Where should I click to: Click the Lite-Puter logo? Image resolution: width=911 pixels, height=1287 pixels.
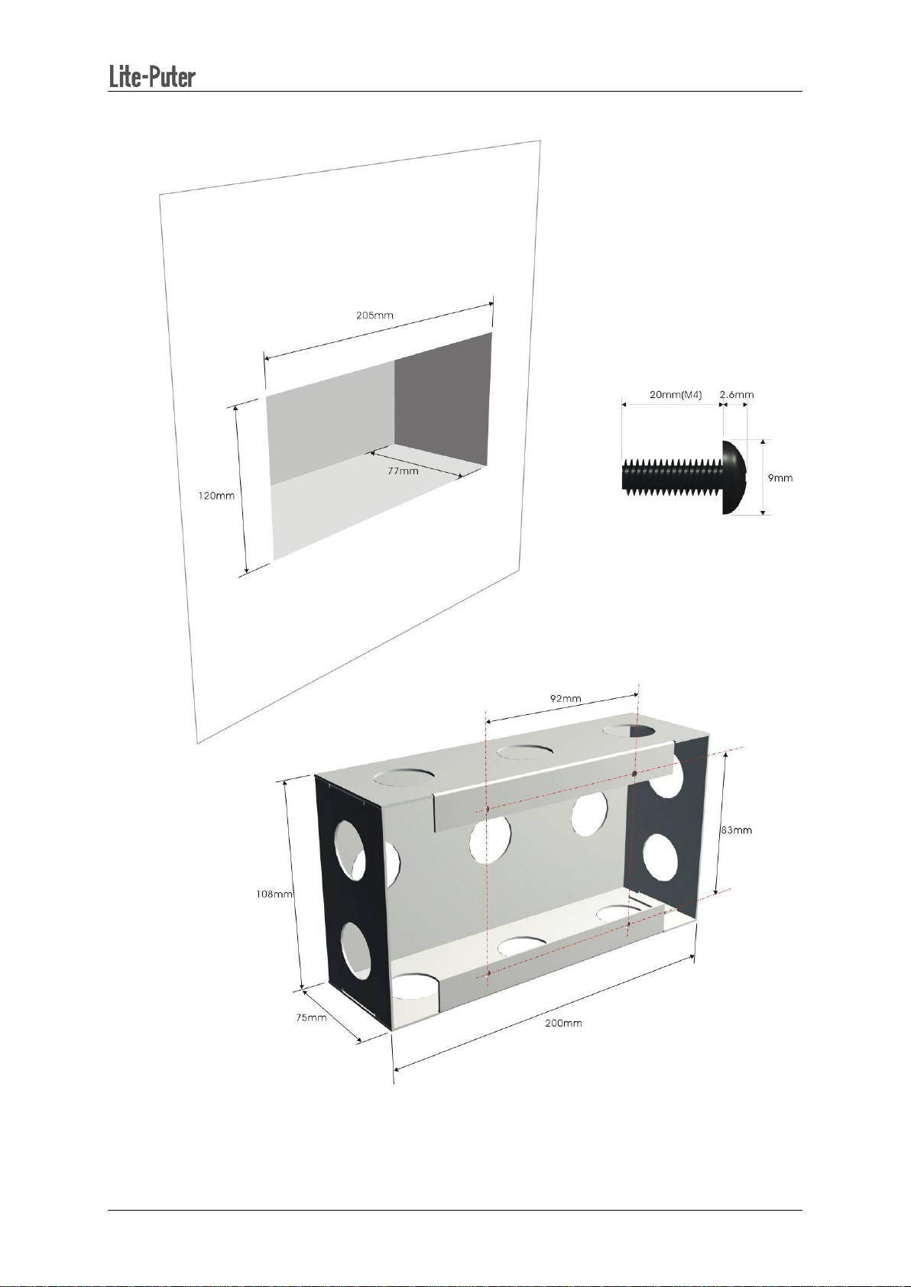pyautogui.click(x=152, y=76)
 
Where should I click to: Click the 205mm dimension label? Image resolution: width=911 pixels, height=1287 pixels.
pyautogui.click(x=374, y=315)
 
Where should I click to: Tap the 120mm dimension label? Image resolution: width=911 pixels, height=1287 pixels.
pyautogui.click(x=216, y=495)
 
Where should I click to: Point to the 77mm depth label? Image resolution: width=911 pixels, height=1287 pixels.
pyautogui.click(x=402, y=470)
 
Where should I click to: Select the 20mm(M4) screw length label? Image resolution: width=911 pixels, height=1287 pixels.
pyautogui.click(x=676, y=395)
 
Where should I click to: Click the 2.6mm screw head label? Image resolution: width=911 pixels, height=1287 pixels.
pyautogui.click(x=736, y=395)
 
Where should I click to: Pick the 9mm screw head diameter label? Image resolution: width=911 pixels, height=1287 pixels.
pyautogui.click(x=780, y=477)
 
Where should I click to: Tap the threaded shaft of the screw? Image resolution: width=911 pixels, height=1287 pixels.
pyautogui.click(x=672, y=477)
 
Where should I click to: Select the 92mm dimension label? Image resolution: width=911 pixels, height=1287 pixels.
pyautogui.click(x=566, y=699)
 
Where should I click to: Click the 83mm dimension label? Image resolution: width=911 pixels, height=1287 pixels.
pyautogui.click(x=736, y=829)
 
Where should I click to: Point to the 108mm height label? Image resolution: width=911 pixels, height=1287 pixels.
pyautogui.click(x=274, y=894)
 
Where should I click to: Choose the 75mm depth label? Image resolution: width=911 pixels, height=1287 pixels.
pyautogui.click(x=311, y=1017)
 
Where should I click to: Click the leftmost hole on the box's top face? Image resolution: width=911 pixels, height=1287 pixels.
pyautogui.click(x=404, y=778)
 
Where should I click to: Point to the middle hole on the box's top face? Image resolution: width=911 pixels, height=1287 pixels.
pyautogui.click(x=526, y=752)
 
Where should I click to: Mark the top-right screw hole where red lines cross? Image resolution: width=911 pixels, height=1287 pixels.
pyautogui.click(x=634, y=774)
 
